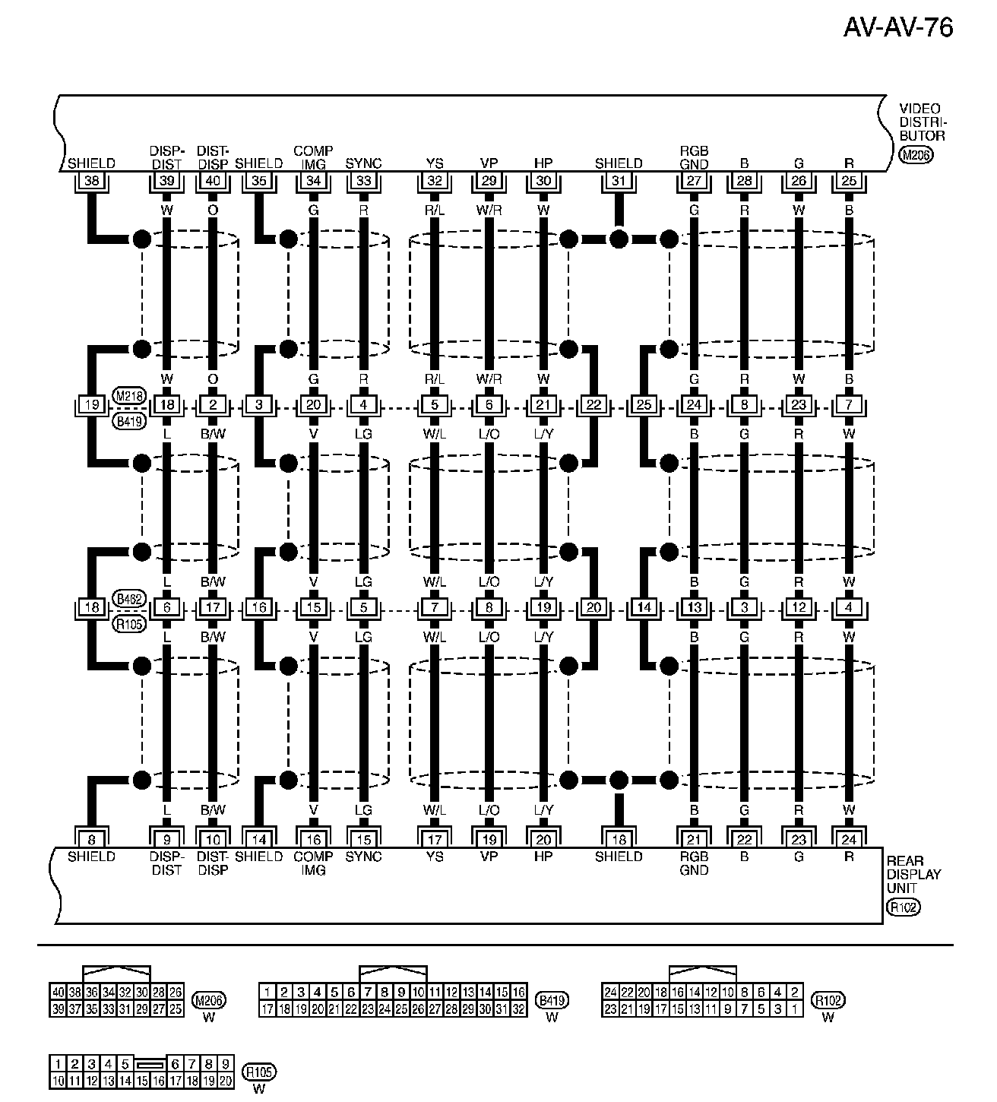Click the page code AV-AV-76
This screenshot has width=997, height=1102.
point(897,28)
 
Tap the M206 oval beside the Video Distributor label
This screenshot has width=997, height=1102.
point(916,155)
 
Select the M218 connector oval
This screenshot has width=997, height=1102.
point(128,395)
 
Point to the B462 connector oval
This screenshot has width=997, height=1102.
point(128,598)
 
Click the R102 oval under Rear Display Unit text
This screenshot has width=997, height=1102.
point(903,907)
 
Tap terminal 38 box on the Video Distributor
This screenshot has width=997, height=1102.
point(92,181)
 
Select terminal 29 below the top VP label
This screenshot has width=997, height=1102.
point(489,181)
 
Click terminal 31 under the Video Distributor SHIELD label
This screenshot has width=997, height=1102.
point(619,181)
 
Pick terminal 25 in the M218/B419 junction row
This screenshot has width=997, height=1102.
point(644,405)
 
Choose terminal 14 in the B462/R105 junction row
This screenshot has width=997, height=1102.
point(644,608)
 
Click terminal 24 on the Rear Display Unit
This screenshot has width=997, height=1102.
point(849,840)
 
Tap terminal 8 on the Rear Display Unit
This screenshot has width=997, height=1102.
point(92,840)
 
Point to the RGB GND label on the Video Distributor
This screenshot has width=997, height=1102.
point(694,157)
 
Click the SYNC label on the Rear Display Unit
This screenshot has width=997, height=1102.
point(363,857)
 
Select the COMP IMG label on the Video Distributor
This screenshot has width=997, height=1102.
point(313,157)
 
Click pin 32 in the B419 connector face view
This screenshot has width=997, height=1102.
point(518,1009)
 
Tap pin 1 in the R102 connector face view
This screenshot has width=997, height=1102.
point(794,1009)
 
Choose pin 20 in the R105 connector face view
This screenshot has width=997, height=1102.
point(225,1081)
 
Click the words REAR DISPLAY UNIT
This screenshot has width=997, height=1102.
point(913,875)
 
